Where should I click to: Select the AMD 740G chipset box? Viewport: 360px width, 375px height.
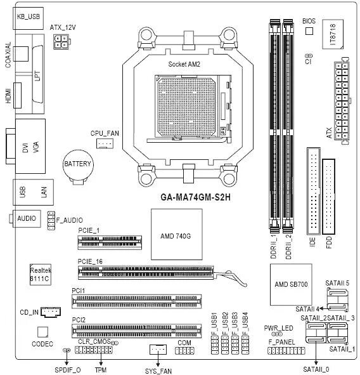(x=177, y=234)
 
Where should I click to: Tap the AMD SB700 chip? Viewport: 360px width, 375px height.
(x=291, y=284)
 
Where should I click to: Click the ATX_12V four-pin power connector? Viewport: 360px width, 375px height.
(x=61, y=42)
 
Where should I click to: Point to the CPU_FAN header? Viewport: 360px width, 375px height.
(x=105, y=143)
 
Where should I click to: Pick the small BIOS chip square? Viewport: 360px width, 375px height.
(x=309, y=31)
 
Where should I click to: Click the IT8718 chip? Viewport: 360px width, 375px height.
(x=333, y=34)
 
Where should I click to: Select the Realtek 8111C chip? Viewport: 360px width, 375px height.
(x=41, y=274)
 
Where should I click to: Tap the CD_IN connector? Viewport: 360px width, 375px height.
(x=51, y=312)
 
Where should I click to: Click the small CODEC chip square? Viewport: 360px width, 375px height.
(x=42, y=332)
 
